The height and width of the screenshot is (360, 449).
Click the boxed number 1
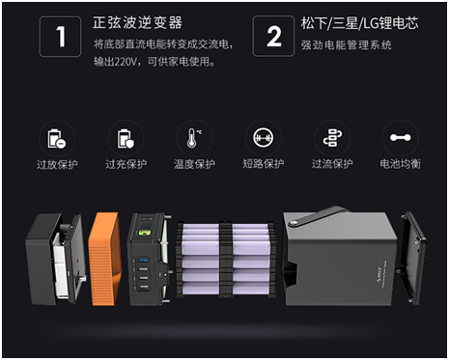(61, 37)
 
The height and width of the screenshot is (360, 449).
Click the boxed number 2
(273, 37)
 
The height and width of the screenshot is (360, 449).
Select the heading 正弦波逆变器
(137, 23)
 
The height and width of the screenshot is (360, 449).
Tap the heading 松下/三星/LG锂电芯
(359, 23)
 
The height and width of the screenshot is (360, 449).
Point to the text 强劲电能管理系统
(347, 45)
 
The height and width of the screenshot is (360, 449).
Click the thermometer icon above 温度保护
(194, 138)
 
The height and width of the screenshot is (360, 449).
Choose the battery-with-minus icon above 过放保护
(57, 139)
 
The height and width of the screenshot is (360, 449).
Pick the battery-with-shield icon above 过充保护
(126, 139)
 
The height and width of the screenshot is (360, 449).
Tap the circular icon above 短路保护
(264, 138)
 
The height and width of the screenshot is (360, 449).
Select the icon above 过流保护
(332, 138)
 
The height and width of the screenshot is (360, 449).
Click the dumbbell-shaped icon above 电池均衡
(401, 138)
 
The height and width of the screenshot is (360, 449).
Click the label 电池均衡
(401, 164)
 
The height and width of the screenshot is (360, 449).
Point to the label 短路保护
(264, 164)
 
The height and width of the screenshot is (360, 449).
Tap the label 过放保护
(57, 164)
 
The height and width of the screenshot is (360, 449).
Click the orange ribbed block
(105, 259)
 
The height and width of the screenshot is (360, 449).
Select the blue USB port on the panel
(143, 260)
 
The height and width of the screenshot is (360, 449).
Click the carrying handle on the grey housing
(316, 216)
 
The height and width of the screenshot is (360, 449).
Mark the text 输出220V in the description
(115, 61)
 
